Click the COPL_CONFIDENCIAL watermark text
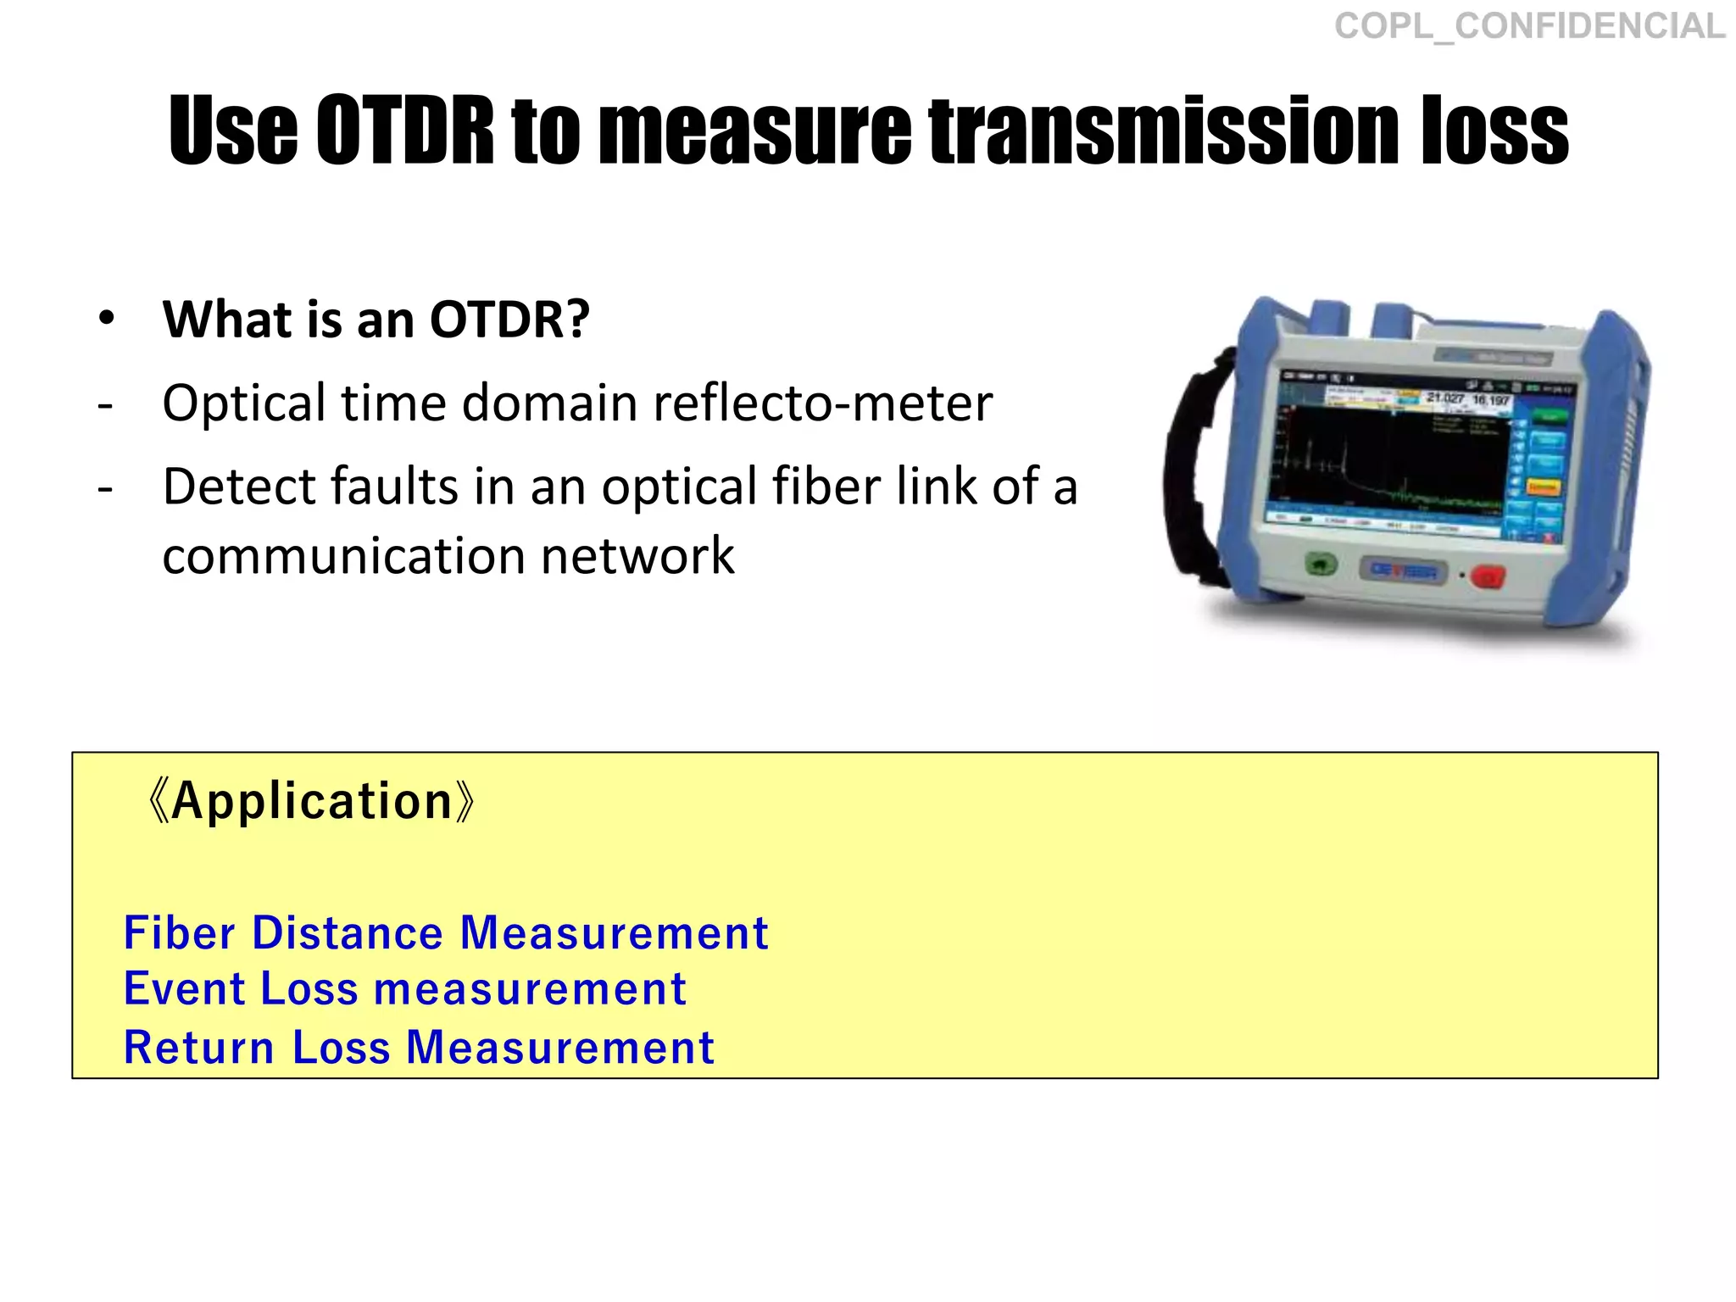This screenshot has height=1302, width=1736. [x=1529, y=26]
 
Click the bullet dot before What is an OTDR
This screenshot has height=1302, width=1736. [x=106, y=320]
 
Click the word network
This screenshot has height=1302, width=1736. [x=637, y=557]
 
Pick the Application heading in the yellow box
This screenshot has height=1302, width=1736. [x=311, y=801]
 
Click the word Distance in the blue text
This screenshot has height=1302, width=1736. [x=348, y=933]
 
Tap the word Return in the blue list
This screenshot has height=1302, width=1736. [x=199, y=1048]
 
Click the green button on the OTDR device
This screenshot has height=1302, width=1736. [x=1320, y=564]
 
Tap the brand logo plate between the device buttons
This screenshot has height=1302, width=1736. [x=1403, y=570]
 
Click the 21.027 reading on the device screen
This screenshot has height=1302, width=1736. [x=1445, y=398]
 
